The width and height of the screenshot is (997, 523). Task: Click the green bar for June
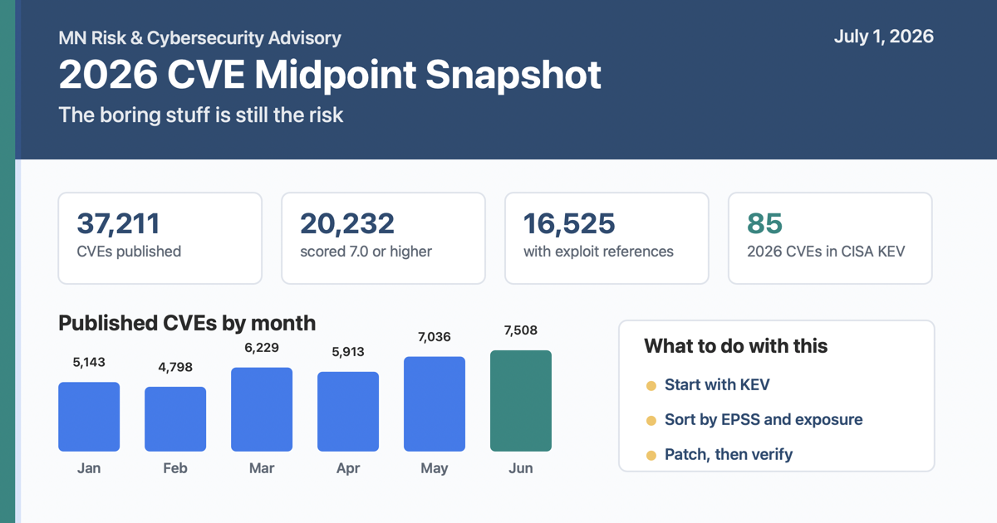521,401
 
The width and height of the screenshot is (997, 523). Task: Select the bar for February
175,419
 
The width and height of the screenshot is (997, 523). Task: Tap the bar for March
262,409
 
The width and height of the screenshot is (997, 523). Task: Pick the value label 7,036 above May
434,337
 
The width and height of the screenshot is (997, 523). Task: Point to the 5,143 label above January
89,363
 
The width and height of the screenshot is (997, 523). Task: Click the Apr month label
348,468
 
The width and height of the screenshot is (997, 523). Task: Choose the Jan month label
89,468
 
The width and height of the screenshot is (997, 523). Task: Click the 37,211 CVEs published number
118,223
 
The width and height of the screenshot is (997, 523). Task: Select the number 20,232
347,223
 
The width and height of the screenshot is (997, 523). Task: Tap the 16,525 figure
569,223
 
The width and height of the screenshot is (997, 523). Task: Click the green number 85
764,223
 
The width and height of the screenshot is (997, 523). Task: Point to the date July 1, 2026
884,37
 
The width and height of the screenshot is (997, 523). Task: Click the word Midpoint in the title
336,75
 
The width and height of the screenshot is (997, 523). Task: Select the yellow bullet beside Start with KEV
651,385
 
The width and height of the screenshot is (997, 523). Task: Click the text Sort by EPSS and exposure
764,420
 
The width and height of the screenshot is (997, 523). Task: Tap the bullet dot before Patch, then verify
651,456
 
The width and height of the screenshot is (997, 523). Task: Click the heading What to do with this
736,346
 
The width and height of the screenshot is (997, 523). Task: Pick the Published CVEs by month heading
187,323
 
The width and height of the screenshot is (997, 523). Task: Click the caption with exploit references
599,252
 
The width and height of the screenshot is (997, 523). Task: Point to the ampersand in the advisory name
136,38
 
